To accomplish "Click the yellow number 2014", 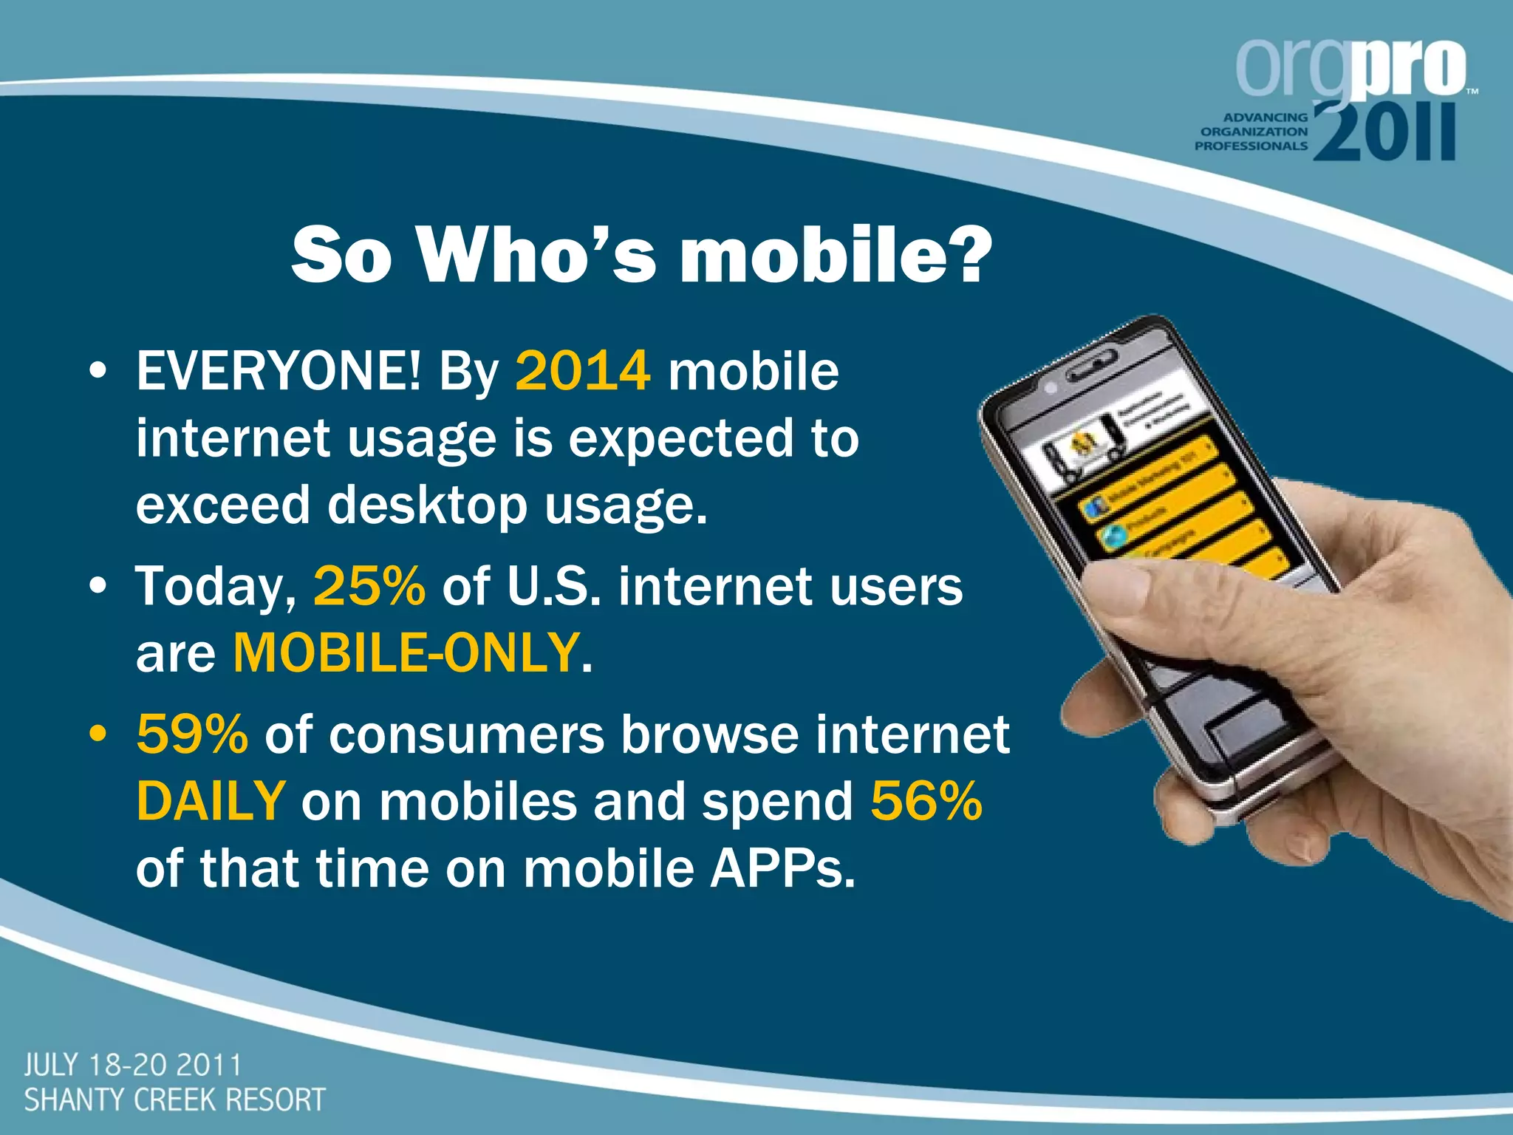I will point(582,371).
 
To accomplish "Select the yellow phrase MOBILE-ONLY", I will point(406,653).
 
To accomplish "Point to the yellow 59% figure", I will point(192,734).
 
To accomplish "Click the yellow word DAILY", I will point(211,802).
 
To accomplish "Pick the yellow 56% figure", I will point(926,802).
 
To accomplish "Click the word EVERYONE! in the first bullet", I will point(279,371).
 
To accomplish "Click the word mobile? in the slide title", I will point(835,255).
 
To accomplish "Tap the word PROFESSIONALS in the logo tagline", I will point(1251,146).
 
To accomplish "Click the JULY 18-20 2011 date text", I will point(133,1066).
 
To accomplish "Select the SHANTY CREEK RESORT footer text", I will point(174,1100).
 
